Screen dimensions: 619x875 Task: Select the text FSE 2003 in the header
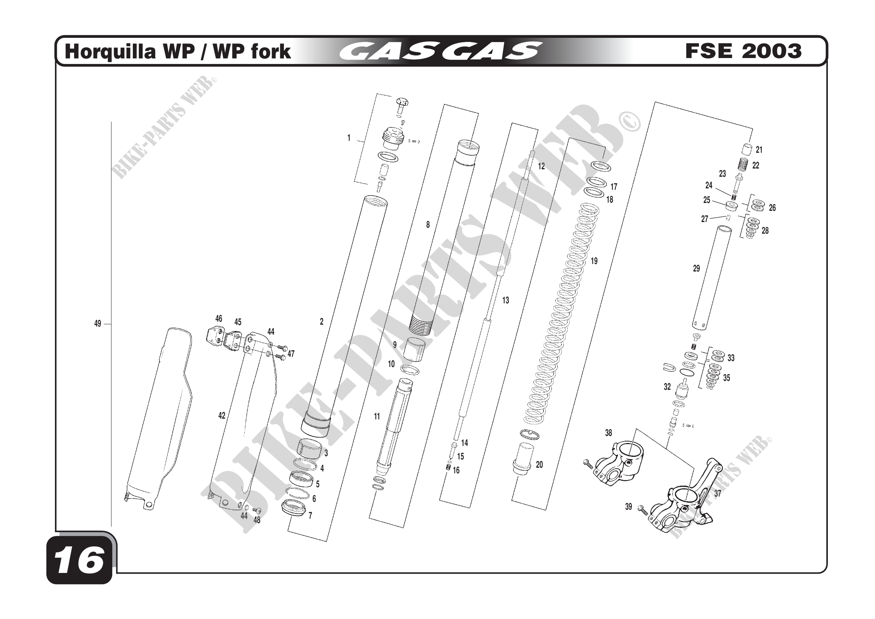point(743,51)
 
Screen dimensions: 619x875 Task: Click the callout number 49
point(98,324)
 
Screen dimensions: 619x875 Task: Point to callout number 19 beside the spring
point(594,261)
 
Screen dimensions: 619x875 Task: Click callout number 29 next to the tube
point(696,268)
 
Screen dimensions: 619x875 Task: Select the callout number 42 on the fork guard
point(222,416)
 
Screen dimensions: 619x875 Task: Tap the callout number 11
point(377,416)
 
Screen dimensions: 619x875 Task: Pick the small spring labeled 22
point(743,165)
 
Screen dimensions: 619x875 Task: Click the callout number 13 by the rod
point(505,301)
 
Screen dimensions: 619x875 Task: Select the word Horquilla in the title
point(110,51)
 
